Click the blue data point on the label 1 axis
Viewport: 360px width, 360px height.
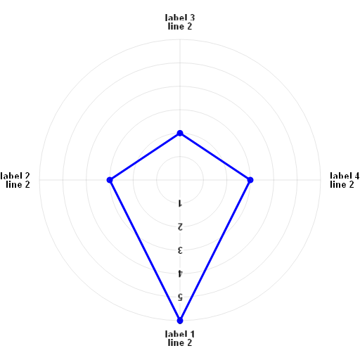point(180,321)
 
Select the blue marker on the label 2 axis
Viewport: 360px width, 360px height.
point(110,180)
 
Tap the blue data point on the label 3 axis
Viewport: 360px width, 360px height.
point(180,133)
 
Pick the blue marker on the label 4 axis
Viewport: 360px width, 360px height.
point(250,180)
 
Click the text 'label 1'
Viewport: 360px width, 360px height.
point(180,334)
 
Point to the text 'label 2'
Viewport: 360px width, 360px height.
point(15,176)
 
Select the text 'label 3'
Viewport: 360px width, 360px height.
point(180,18)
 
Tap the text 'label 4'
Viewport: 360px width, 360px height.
point(345,176)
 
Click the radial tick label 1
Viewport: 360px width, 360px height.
point(180,203)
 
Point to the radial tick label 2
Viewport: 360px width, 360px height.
point(180,227)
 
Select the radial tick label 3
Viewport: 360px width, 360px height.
point(180,250)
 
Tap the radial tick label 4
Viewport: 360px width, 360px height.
point(180,274)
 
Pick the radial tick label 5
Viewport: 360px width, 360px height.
point(180,297)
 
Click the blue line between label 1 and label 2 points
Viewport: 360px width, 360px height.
point(145,250)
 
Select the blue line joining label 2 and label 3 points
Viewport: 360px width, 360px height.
point(145,157)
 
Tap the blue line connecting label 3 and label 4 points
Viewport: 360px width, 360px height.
point(215,157)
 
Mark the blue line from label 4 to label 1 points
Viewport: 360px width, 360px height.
point(215,250)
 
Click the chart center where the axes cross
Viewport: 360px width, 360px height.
point(180,180)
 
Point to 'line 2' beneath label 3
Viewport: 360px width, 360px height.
point(180,26)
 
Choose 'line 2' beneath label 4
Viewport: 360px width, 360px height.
point(342,184)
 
